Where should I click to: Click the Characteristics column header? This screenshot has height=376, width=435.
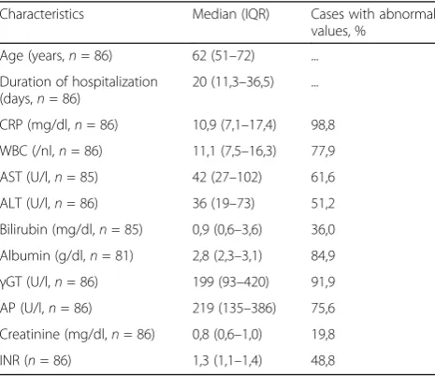tap(42, 14)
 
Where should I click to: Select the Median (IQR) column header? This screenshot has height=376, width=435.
tap(231, 14)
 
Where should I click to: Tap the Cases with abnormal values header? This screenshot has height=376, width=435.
tap(372, 22)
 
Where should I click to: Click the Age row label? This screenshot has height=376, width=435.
tap(56, 56)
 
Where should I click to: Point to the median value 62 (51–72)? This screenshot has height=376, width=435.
tap(224, 56)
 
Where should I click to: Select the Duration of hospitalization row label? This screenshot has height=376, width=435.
tap(79, 91)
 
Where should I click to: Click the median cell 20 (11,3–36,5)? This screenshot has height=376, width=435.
tap(233, 82)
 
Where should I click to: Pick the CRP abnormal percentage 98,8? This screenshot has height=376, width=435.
tap(323, 125)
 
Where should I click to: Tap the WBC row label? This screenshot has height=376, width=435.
tap(51, 152)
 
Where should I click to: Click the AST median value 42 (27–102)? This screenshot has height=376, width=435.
tap(227, 178)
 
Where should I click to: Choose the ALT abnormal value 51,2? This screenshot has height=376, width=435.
tap(323, 204)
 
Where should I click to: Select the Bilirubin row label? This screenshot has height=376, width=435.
tap(71, 230)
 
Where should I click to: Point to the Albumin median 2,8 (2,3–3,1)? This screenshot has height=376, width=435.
tap(227, 256)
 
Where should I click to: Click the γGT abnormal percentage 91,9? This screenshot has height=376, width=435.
tap(323, 282)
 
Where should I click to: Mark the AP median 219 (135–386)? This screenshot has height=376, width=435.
tap(234, 309)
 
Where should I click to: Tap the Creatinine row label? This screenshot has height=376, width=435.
tap(78, 335)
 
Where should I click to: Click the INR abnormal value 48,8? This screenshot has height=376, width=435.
tap(323, 361)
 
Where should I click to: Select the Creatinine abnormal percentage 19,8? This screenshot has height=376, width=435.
tap(323, 335)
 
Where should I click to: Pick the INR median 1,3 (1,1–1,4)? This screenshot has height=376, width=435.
tap(227, 361)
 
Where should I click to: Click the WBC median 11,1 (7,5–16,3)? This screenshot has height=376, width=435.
tap(234, 152)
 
